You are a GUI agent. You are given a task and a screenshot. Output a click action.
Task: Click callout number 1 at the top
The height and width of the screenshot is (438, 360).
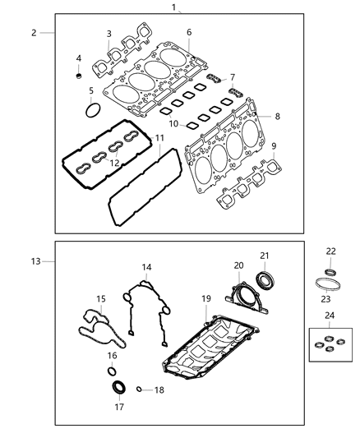click(174, 7)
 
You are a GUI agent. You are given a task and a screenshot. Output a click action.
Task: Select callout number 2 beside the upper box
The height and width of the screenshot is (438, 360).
click(34, 33)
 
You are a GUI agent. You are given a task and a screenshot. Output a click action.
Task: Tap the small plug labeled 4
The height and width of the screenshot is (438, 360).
click(80, 76)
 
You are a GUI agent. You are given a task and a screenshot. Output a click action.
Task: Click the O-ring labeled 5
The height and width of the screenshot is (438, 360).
click(93, 108)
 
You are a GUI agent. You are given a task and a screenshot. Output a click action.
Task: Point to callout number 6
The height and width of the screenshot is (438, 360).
click(189, 32)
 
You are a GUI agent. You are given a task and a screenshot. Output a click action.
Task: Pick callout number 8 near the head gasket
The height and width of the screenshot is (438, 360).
click(277, 117)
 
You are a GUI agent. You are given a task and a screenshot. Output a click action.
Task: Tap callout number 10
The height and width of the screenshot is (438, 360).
click(173, 123)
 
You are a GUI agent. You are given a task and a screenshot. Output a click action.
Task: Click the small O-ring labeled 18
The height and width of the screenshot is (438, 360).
click(140, 390)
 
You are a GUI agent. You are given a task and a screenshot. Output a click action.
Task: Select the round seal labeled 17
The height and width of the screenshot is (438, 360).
click(118, 387)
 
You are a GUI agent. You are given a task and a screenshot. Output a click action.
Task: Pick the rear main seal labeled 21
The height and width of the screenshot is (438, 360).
click(265, 280)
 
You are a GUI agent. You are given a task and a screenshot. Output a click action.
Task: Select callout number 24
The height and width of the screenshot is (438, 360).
click(329, 315)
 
